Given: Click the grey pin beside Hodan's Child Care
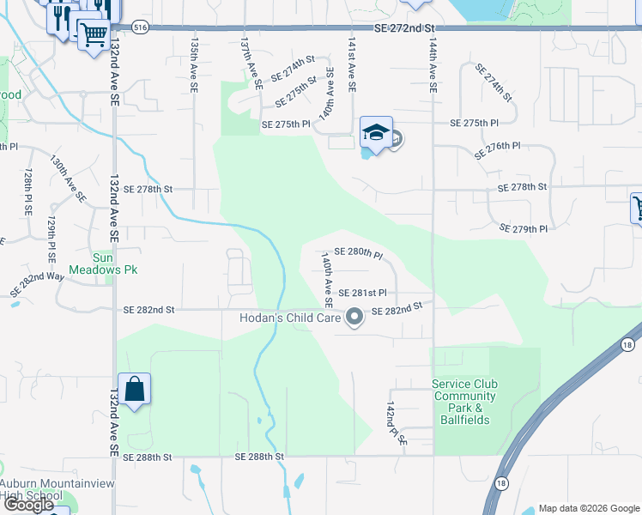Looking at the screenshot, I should coord(354,318).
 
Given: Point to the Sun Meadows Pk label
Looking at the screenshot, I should coord(115,263).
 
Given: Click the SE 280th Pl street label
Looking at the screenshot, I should coord(358,252).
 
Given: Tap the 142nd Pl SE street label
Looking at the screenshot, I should coord(396,421).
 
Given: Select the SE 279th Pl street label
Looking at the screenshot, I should coord(524,229).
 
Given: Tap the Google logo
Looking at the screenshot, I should coord(28,505).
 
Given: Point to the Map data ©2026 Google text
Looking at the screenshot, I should coord(589,508).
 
